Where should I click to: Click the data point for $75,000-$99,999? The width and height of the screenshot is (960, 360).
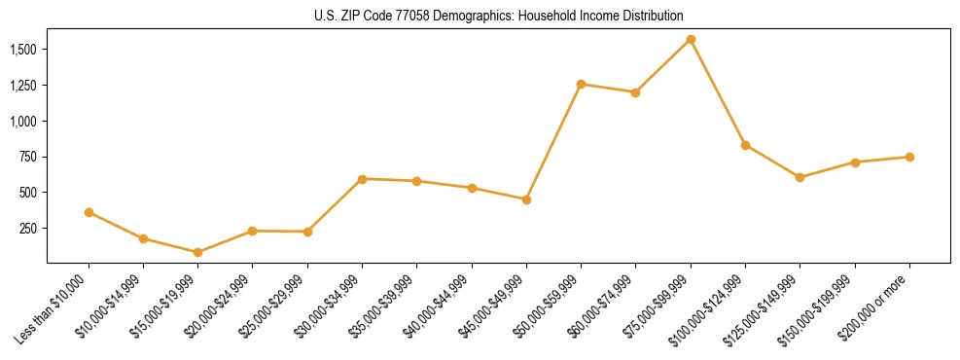tap(691, 39)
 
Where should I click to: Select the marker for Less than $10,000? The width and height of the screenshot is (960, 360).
tap(89, 212)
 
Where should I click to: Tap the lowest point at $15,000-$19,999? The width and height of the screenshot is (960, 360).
tap(197, 252)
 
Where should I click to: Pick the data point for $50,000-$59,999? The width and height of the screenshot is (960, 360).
tap(581, 84)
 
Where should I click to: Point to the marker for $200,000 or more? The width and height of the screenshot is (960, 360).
tap(909, 157)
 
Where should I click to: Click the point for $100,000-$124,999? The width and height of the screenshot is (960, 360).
tap(745, 145)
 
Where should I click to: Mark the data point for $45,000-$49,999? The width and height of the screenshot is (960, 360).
tap(526, 199)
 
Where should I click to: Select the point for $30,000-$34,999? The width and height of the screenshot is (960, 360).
tap(362, 179)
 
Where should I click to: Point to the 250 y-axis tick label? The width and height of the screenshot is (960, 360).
tap(27, 229)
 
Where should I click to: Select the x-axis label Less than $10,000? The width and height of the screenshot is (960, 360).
tap(54, 307)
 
